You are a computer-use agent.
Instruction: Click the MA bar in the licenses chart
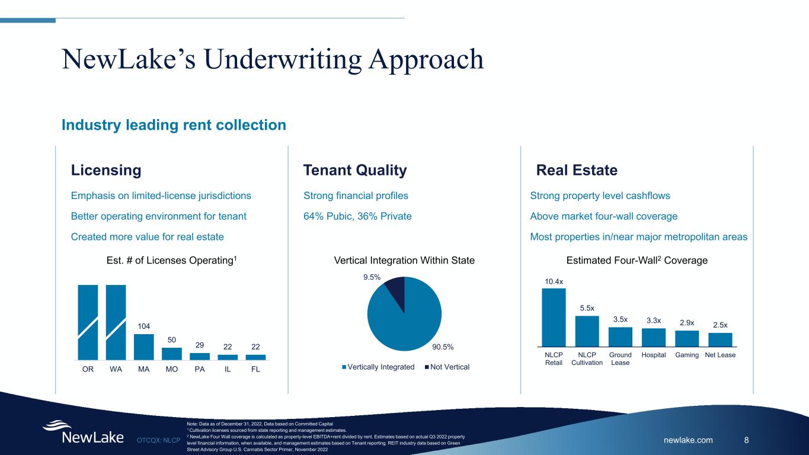[144, 347]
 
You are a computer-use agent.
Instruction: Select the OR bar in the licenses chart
[88, 322]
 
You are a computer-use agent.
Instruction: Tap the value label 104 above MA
[144, 326]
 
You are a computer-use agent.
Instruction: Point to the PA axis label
[200, 369]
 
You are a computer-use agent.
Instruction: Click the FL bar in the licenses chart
[255, 357]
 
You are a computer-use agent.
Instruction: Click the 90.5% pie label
[443, 347]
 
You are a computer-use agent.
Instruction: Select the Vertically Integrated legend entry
[378, 367]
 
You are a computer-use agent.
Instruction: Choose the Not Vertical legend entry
[447, 367]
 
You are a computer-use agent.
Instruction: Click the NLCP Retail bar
[554, 318]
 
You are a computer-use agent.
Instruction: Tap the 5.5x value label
[587, 308]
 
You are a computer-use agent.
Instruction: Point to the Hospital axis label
[653, 355]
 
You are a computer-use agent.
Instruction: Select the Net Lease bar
[720, 340]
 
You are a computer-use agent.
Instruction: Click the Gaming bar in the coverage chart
[687, 339]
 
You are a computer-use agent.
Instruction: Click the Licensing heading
[106, 170]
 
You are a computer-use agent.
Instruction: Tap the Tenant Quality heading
[355, 170]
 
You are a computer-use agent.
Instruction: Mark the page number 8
[747, 440]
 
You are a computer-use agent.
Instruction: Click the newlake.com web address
[688, 440]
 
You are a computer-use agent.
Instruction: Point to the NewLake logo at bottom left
[83, 432]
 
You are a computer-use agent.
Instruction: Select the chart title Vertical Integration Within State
[404, 260]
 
